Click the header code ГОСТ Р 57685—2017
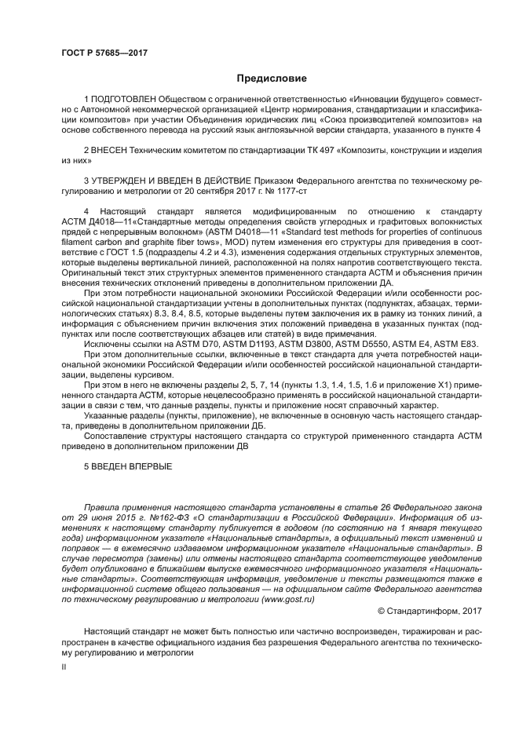104,53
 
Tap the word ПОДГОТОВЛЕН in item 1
126,99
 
